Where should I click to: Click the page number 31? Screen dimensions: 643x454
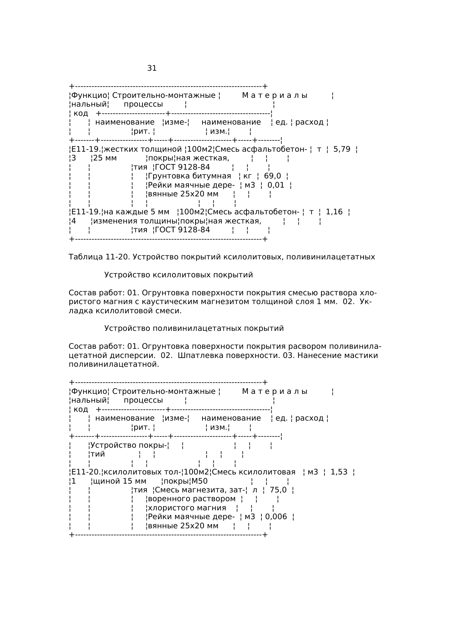point(152,69)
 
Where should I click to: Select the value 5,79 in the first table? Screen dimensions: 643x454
point(342,149)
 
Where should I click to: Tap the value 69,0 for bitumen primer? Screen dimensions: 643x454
point(272,176)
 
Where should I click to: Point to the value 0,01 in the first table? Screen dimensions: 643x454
point(276,185)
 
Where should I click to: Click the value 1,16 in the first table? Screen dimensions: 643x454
point(334,212)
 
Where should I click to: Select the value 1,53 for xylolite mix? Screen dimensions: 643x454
point(339,472)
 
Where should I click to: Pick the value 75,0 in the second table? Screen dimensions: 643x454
point(278,490)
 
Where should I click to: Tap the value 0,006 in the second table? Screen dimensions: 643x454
point(276,517)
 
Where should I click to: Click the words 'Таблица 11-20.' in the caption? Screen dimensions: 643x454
point(99,257)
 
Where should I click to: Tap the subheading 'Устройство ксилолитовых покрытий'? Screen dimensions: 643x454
point(179,275)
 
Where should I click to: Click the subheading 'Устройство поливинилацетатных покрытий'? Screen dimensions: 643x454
point(194,328)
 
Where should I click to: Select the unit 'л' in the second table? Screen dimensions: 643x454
point(255,490)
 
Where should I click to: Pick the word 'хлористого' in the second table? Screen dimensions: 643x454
point(168,508)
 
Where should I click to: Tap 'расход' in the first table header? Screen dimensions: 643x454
point(309,122)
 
